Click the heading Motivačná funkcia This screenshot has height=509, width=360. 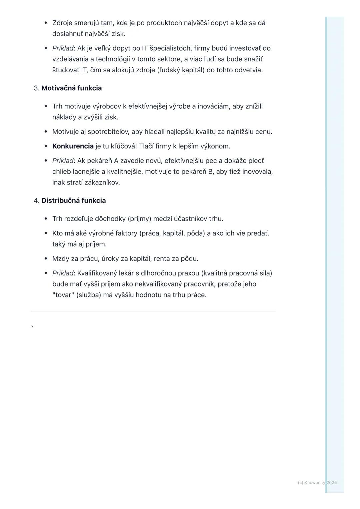tap(71, 88)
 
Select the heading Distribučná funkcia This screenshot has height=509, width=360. tap(73, 201)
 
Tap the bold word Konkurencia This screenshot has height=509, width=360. tap(73, 146)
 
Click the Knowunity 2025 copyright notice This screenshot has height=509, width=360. tap(317, 483)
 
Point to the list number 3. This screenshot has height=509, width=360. tap(36, 88)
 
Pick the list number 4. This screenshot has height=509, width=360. tap(36, 201)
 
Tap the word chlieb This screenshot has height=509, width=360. tap(62, 172)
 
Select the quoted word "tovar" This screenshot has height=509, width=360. tap(63, 295)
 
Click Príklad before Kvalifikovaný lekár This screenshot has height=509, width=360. tap(63, 273)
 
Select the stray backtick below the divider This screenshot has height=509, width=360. tap(32, 326)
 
